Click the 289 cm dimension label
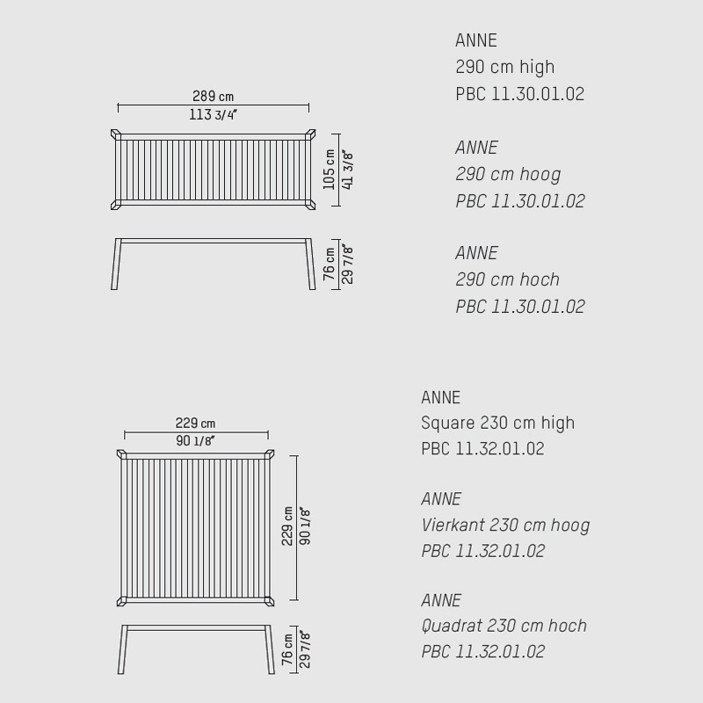click(213, 96)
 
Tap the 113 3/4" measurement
click(213, 115)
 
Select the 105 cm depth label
click(329, 170)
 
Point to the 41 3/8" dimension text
click(347, 170)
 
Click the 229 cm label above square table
click(195, 423)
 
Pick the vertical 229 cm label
click(287, 526)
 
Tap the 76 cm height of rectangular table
click(329, 264)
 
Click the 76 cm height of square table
click(287, 649)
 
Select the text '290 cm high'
click(504, 68)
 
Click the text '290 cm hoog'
click(508, 174)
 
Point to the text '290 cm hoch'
click(508, 279)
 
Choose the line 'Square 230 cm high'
click(497, 424)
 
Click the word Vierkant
click(452, 525)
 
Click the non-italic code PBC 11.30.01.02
click(520, 94)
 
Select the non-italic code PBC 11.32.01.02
click(482, 449)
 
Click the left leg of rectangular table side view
click(116, 265)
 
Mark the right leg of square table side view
click(269, 649)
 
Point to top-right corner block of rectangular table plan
click(310, 134)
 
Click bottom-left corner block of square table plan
click(121, 601)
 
